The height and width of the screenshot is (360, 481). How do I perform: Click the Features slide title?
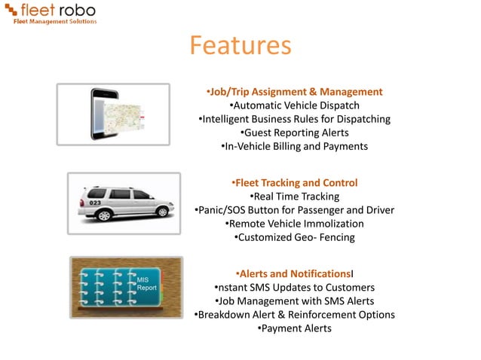[240, 46]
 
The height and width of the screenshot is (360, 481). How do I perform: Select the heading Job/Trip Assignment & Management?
[294, 92]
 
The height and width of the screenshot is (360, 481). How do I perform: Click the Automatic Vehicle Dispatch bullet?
[294, 105]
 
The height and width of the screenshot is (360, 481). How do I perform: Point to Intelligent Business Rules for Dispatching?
[294, 119]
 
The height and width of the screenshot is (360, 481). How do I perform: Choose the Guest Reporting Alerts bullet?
[294, 133]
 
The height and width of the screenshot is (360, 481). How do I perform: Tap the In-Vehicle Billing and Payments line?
[294, 146]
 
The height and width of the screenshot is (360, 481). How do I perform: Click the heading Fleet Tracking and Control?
[294, 183]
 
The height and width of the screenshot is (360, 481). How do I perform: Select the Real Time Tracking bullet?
[294, 197]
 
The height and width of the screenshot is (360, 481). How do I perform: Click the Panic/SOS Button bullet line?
[294, 210]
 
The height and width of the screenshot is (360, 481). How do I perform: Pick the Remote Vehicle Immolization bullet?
[294, 224]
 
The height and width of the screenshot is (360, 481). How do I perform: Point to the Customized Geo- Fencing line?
[294, 237]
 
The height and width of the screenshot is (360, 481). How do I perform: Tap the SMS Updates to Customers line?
[294, 287]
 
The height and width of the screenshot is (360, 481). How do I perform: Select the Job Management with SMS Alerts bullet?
[294, 301]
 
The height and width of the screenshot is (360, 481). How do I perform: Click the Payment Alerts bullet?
[294, 328]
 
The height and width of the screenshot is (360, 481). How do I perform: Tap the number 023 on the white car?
[95, 202]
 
